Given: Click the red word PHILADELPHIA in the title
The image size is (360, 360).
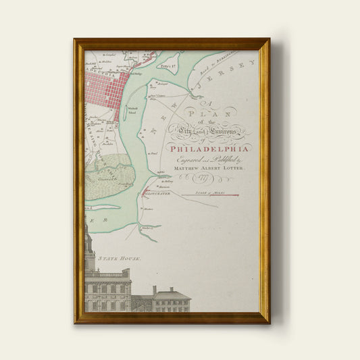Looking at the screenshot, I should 210,149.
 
